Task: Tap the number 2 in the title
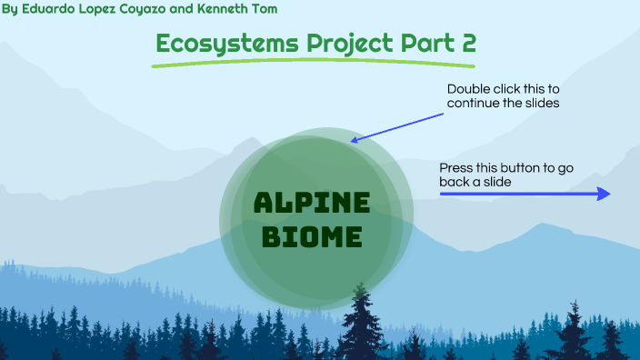[x=466, y=43]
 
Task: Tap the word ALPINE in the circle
[x=312, y=204]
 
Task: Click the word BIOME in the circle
[x=312, y=238]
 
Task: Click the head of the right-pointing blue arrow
[x=604, y=194]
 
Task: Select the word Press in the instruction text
[x=456, y=168]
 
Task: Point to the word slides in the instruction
[x=541, y=104]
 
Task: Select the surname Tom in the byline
[x=265, y=9]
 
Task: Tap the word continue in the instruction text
[x=473, y=104]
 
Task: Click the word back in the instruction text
[x=455, y=182]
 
